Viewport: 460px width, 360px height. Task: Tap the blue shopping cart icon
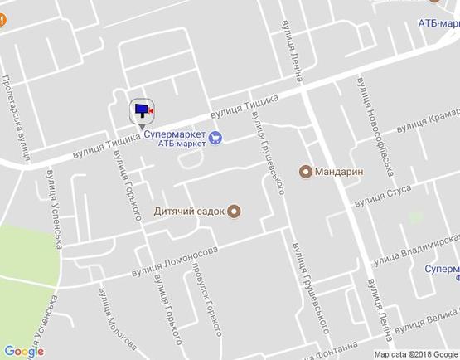pos(215,138)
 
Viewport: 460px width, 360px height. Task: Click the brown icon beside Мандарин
pos(305,173)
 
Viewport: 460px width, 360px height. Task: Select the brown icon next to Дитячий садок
pos(234,212)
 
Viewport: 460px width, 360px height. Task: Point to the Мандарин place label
pos(339,173)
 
